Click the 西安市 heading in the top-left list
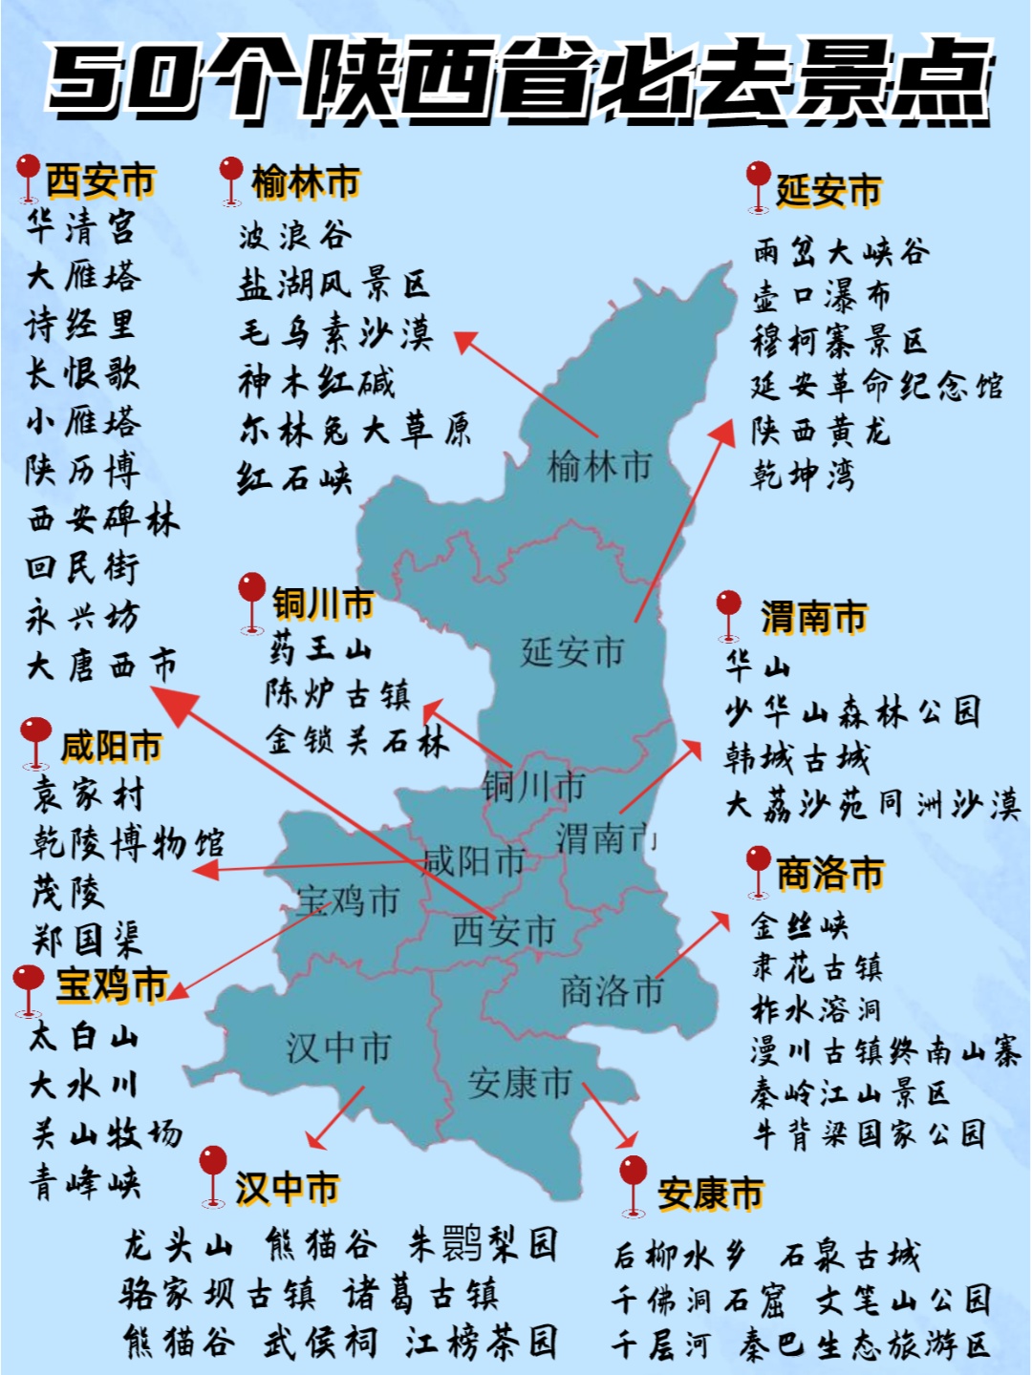pyautogui.click(x=99, y=180)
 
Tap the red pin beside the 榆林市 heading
pyautogui.click(x=230, y=177)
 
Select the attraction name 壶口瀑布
pyautogui.click(x=822, y=296)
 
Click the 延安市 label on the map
pyautogui.click(x=571, y=652)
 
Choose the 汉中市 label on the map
pyautogui.click(x=338, y=1047)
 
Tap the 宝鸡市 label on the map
pyautogui.click(x=347, y=900)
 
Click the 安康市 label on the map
pyautogui.click(x=519, y=1083)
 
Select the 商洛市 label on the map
pyautogui.click(x=612, y=991)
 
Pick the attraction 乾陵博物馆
pyautogui.click(x=128, y=843)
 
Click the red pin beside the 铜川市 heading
pyautogui.click(x=251, y=599)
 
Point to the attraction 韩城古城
pyautogui.click(x=797, y=758)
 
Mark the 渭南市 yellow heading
pyautogui.click(x=813, y=618)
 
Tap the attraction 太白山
pyautogui.click(x=84, y=1036)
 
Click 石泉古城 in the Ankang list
pyautogui.click(x=849, y=1255)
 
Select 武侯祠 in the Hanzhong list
pyautogui.click(x=320, y=1342)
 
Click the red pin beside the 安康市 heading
pyautogui.click(x=633, y=1182)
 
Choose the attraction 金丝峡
pyautogui.click(x=800, y=925)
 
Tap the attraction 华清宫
pyautogui.click(x=81, y=227)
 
